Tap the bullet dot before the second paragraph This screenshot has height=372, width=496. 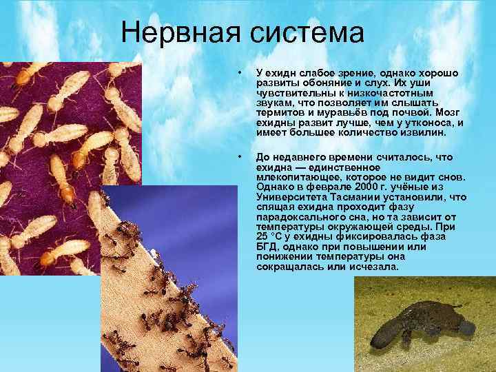coord(238,158)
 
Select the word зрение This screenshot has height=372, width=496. coord(349,74)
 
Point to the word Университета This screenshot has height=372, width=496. coord(286,197)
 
